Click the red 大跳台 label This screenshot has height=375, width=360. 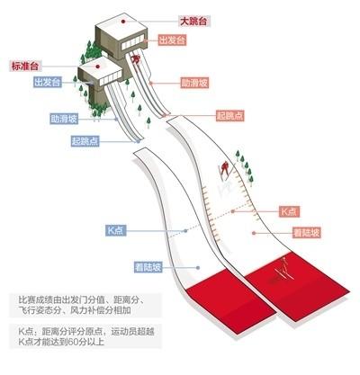[193, 22]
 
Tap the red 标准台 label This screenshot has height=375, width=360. [25, 66]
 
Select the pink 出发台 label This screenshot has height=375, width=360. [172, 40]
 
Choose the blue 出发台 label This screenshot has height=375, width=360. [48, 82]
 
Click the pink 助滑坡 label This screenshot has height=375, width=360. [194, 83]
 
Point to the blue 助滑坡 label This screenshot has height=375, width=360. [64, 119]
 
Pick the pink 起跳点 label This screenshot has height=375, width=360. [230, 116]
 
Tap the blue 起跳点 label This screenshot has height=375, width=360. [85, 141]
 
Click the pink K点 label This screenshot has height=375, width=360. [289, 211]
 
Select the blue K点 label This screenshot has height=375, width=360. [115, 230]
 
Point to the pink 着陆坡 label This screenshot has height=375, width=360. [307, 233]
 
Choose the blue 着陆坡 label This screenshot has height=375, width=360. [148, 267]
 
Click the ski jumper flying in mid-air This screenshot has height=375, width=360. [224, 170]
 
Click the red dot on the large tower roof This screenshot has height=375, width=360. [122, 21]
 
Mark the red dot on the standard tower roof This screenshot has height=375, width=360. [97, 67]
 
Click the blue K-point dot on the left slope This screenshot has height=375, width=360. [185, 231]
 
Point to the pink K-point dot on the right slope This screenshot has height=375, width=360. [233, 211]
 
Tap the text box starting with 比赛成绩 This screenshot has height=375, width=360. [85, 305]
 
